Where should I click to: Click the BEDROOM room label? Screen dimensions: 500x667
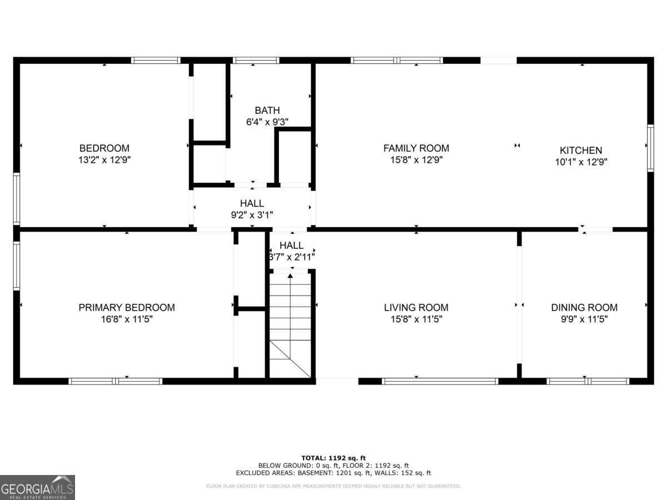point(104,148)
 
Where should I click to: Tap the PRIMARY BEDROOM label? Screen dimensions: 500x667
point(127,307)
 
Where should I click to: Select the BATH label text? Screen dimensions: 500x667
point(267,111)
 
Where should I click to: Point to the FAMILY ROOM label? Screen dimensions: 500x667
point(416,148)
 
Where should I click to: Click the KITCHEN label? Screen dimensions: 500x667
point(580,151)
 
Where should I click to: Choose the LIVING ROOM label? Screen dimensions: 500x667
point(416,307)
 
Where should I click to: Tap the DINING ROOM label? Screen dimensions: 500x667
point(584,307)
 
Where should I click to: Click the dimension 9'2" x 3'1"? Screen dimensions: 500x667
point(252,215)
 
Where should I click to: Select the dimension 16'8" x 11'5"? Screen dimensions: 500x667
point(127,319)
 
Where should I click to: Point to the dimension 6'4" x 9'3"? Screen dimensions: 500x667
point(267,122)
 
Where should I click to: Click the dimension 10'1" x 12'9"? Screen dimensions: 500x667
point(580,162)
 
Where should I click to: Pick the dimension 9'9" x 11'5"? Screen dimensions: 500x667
point(584,319)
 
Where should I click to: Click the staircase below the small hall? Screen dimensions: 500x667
point(291,328)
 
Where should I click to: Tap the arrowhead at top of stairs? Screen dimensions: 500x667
point(291,276)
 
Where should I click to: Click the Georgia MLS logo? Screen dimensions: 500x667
point(37,487)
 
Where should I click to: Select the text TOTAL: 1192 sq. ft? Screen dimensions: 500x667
point(333,458)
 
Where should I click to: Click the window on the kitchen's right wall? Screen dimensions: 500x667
point(650,148)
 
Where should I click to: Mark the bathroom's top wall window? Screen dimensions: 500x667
point(256,60)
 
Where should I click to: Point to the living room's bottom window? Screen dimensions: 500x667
point(440,381)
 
